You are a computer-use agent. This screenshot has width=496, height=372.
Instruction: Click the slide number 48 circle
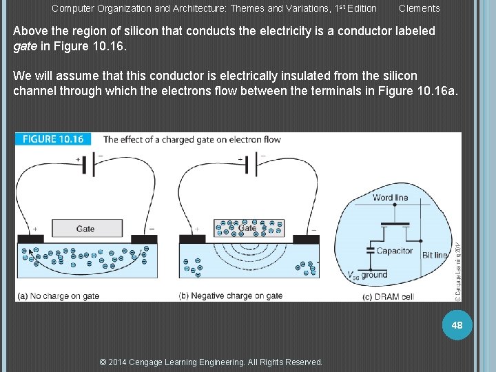pyautogui.click(x=457, y=324)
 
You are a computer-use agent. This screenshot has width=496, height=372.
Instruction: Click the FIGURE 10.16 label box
pyautogui.click(x=52, y=139)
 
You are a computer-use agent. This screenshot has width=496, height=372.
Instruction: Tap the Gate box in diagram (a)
pyautogui.click(x=85, y=229)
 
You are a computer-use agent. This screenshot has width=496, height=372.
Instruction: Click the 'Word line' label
pyautogui.click(x=390, y=198)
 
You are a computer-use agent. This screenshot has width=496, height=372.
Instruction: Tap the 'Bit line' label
pyautogui.click(x=435, y=255)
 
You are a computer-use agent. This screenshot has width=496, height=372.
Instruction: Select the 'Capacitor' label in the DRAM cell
pyautogui.click(x=394, y=251)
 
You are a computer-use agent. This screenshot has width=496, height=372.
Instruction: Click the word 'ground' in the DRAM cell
pyautogui.click(x=375, y=275)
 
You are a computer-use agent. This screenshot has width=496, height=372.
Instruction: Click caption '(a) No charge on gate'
pyautogui.click(x=59, y=296)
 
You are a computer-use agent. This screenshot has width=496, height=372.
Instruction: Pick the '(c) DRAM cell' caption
pyautogui.click(x=389, y=297)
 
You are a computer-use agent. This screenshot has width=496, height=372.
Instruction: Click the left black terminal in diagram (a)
pyautogui.click(x=30, y=239)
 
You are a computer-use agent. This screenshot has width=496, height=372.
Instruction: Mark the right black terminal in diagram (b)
pyautogui.click(x=306, y=239)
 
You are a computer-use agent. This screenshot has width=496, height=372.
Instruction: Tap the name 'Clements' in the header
pyautogui.click(x=419, y=8)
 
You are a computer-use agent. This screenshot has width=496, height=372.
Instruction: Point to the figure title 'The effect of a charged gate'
pyautogui.click(x=192, y=139)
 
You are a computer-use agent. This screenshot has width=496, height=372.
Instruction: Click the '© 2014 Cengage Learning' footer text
pyautogui.click(x=211, y=362)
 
